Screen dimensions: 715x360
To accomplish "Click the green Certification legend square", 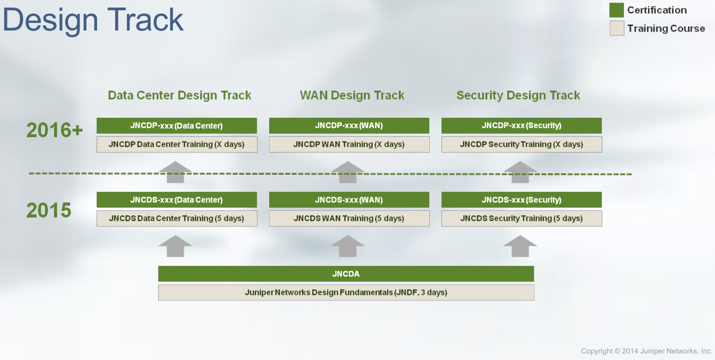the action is coord(616,10).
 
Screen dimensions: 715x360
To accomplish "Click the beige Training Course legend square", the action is coord(617,28).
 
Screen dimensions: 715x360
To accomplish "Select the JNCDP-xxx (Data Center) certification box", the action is coord(177,126).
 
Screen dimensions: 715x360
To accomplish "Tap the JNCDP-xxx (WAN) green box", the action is coord(349,126).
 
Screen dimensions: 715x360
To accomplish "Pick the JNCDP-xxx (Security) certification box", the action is coord(521,126).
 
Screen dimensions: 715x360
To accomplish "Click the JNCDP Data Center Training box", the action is coord(177,144).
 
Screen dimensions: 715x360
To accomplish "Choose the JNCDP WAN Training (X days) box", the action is coord(349,144).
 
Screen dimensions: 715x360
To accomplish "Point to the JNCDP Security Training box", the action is coord(521,144).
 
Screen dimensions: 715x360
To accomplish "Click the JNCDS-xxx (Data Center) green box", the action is coord(177,200).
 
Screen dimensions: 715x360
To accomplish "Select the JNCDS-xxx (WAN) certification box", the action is coord(349,200).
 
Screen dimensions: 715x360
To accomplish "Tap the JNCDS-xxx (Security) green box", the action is coord(521,200).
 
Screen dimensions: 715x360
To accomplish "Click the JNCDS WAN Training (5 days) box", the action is coord(349,218).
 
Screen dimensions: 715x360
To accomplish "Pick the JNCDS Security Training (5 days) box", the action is coord(521,218).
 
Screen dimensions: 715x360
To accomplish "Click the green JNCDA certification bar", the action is coord(346,274).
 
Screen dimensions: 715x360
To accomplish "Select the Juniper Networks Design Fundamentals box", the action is coord(346,292).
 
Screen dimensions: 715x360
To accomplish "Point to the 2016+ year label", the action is coord(55,130).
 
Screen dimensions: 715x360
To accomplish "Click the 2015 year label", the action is coord(49,210).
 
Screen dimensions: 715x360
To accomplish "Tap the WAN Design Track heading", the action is coord(352,95).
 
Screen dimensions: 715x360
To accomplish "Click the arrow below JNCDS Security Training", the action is coord(520,246).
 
